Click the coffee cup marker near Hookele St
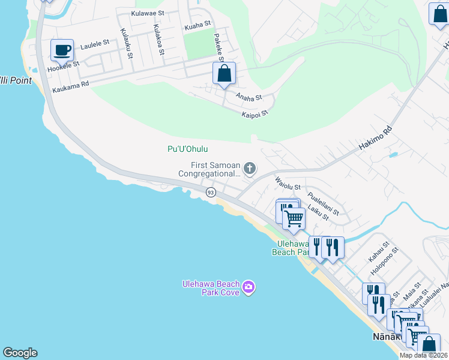point(61,50)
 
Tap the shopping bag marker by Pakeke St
point(224,74)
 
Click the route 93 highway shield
point(211,192)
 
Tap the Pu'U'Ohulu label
point(187,149)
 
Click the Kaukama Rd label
point(71,85)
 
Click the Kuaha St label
point(198,24)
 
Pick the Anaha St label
point(249,97)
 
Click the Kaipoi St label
point(255,113)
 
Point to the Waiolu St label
point(287,182)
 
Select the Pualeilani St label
point(323,204)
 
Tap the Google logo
point(20,353)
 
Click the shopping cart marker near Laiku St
point(294,218)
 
